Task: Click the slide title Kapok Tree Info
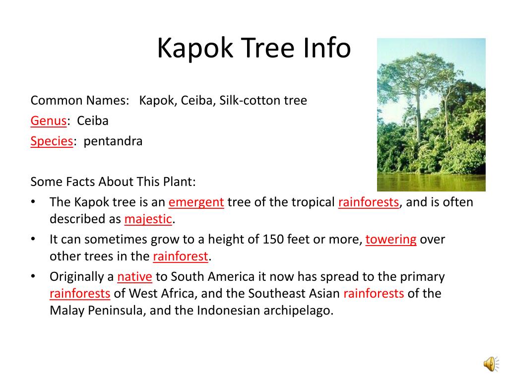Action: tap(254, 48)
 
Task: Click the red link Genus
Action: tap(49, 121)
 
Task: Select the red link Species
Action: tap(52, 141)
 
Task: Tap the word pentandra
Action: tap(113, 141)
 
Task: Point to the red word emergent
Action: tap(196, 202)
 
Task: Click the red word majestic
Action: tap(148, 219)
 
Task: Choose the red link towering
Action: tap(391, 240)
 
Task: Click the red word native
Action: tap(134, 277)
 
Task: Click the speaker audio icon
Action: tap(491, 364)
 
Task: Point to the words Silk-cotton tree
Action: tap(263, 100)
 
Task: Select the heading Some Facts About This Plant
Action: tap(113, 182)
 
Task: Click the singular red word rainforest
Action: tap(180, 256)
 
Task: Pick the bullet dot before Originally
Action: tap(33, 276)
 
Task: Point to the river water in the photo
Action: tap(431, 183)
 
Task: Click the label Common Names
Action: tap(80, 100)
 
